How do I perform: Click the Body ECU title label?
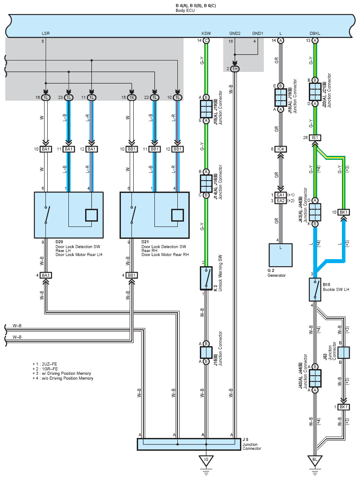click(x=185, y=11)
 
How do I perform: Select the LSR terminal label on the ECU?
click(x=45, y=33)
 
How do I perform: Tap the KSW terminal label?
click(x=206, y=33)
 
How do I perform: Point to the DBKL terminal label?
click(x=315, y=33)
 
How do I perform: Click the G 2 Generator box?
click(x=280, y=255)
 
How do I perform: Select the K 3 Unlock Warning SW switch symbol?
click(x=206, y=278)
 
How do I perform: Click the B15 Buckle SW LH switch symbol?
click(x=315, y=290)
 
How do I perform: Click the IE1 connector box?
click(x=315, y=138)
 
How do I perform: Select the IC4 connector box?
click(x=280, y=149)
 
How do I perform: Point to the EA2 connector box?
click(x=280, y=201)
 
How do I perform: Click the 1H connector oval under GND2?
click(x=235, y=69)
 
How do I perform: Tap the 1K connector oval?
click(x=131, y=98)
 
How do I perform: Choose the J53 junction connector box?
click(x=344, y=353)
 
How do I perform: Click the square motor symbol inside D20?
click(x=91, y=215)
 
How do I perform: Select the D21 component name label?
click(x=145, y=241)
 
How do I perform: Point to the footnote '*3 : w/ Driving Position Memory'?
click(x=62, y=373)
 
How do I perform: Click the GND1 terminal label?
click(x=258, y=33)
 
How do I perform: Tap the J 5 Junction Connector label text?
click(x=252, y=444)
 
